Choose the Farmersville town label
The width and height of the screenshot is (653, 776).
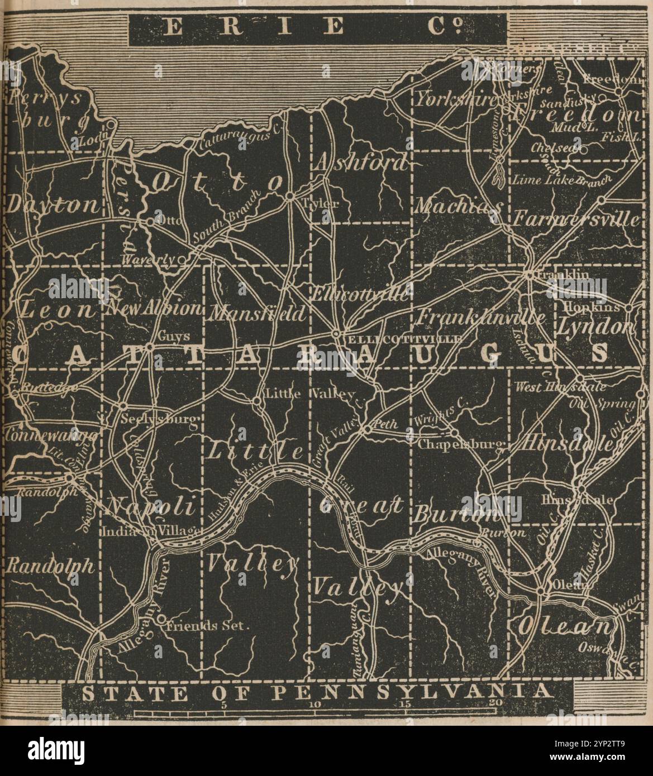(576, 219)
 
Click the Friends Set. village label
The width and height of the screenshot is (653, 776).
(206, 626)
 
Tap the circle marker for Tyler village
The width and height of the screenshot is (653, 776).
(290, 196)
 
